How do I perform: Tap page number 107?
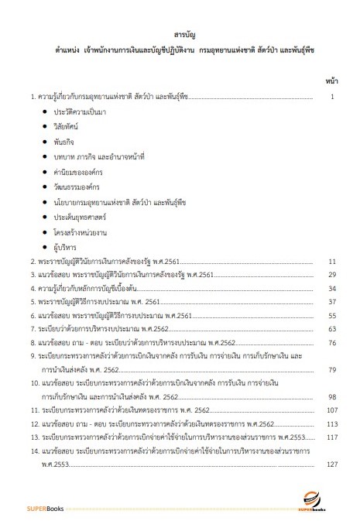(333, 410)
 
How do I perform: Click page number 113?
(333, 424)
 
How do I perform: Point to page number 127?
(333, 464)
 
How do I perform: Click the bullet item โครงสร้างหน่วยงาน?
(81, 229)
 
